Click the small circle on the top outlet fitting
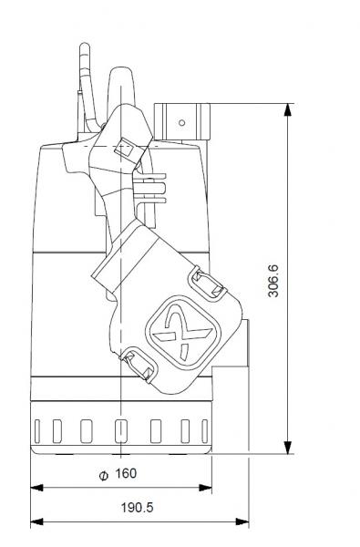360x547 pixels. [181, 121]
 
